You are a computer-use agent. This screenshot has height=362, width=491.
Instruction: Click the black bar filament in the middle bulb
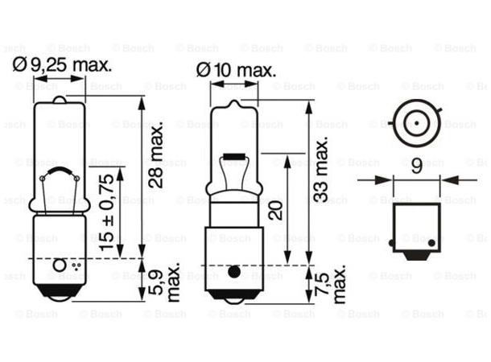tap(234, 154)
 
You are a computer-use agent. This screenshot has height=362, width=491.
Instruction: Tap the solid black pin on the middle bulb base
tap(233, 272)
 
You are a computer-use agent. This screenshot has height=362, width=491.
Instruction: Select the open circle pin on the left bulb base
tap(58, 265)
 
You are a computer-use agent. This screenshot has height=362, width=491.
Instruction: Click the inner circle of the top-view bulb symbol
tap(414, 123)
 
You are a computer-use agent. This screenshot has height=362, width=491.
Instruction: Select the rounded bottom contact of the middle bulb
tap(233, 298)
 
